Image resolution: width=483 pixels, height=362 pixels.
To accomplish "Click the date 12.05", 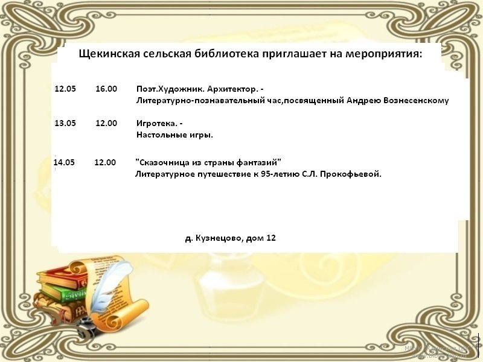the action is [x=65, y=89].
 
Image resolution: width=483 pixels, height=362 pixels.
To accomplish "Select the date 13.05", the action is [x=65, y=124].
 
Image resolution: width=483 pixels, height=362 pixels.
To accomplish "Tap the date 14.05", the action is [x=64, y=162].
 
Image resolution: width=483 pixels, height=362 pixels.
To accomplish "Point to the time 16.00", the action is [x=106, y=89].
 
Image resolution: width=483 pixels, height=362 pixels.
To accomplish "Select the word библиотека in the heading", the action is [x=227, y=54].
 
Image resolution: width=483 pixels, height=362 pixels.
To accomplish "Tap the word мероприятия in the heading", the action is [x=383, y=54].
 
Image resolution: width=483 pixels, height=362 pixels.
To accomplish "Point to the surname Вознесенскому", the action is [x=416, y=101].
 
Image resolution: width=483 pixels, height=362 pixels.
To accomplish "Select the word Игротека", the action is [x=157, y=124].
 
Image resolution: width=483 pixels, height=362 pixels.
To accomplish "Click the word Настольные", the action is [x=159, y=135].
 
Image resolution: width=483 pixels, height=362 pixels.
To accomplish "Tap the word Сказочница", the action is [x=161, y=162].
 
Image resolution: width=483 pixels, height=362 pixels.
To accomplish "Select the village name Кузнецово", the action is [x=219, y=238].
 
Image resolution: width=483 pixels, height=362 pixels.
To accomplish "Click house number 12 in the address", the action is [x=271, y=238].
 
